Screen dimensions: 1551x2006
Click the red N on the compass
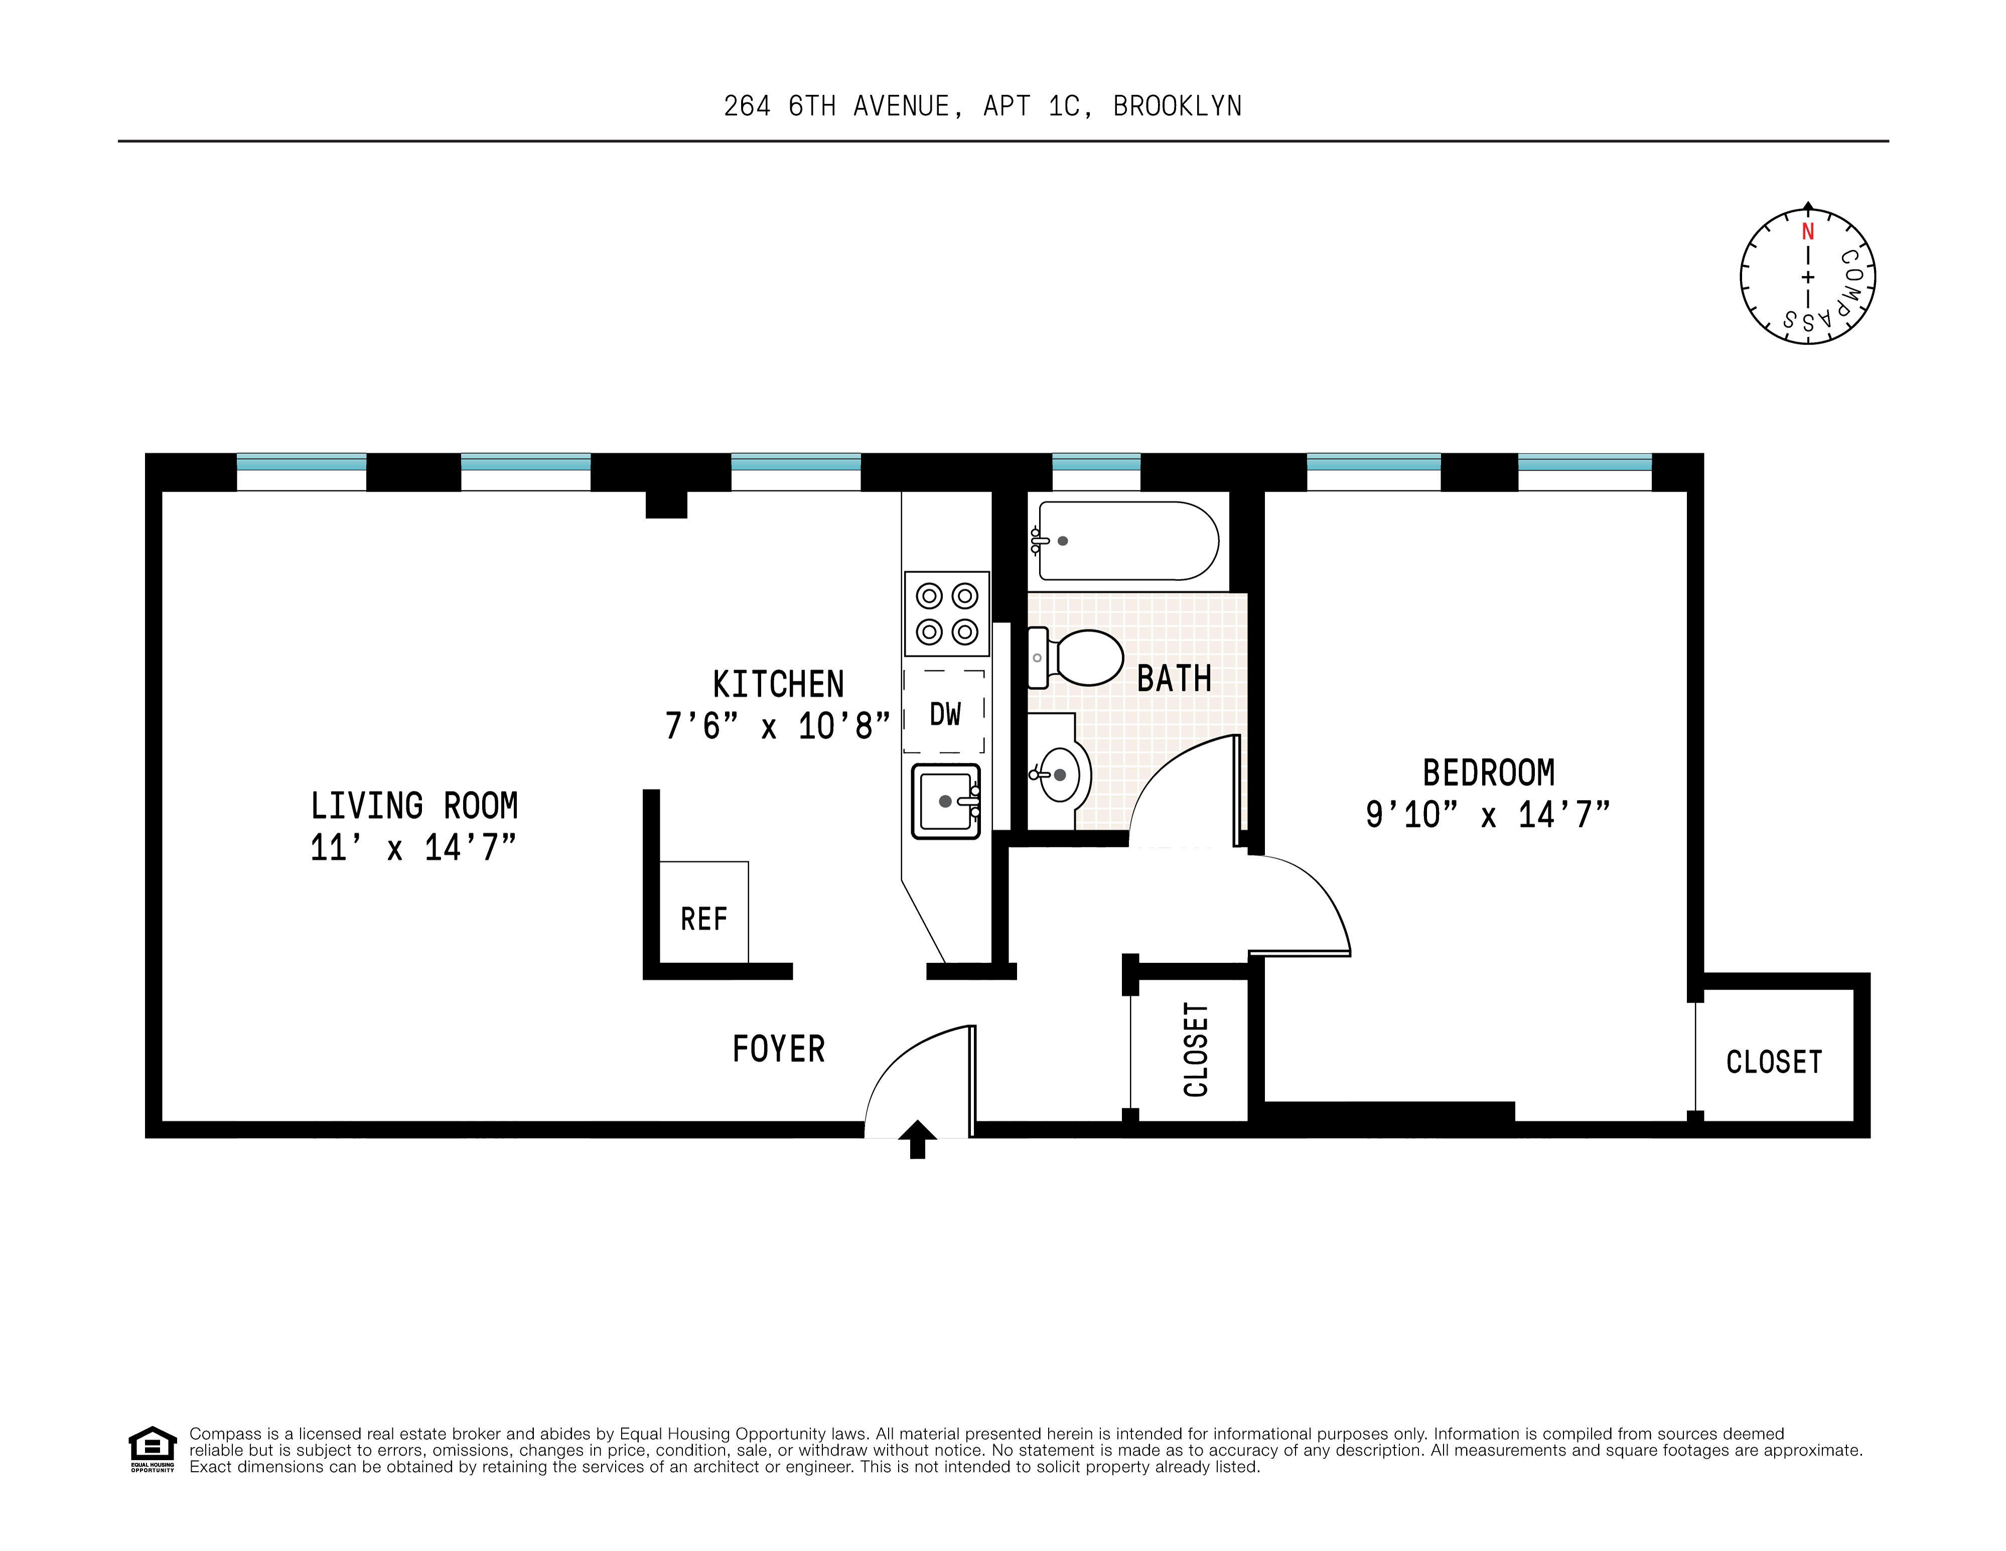tap(1808, 231)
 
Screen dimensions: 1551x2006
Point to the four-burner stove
tap(946, 613)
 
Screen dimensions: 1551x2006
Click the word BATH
tap(1174, 678)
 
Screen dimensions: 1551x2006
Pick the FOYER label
tap(778, 1049)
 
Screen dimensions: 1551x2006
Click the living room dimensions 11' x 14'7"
tap(413, 847)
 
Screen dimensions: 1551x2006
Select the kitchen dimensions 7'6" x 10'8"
tap(777, 726)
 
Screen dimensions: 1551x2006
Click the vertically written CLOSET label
tap(1196, 1050)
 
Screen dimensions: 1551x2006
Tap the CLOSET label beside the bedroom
tap(1773, 1062)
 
